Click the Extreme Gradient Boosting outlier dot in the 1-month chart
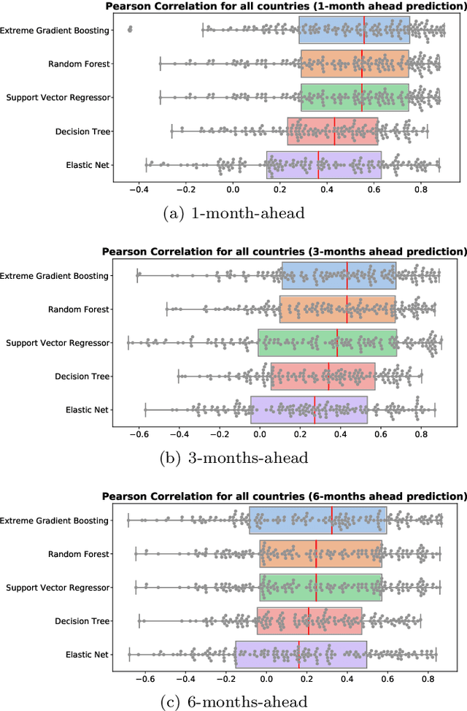point(130,30)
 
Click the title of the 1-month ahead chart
point(285,7)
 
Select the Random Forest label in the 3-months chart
point(80,310)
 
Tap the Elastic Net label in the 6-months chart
point(88,654)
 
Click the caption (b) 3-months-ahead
point(233,458)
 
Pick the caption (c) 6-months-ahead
point(233,702)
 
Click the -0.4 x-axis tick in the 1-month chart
point(139,189)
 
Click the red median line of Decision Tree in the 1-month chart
point(334,131)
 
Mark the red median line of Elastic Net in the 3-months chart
point(314,410)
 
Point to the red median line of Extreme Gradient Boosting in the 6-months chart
point(331,520)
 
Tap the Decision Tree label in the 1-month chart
point(82,131)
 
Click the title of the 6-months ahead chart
point(285,496)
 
